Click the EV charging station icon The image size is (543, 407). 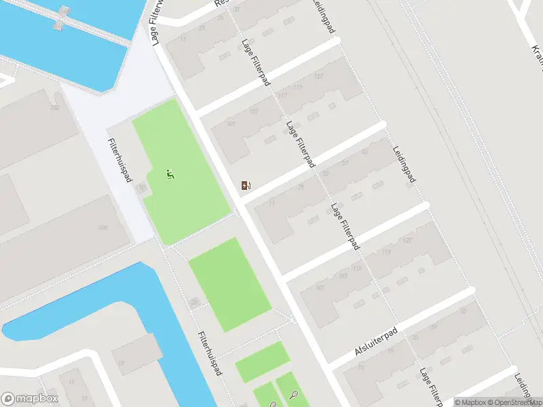click(246, 185)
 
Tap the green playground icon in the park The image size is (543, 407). click(170, 175)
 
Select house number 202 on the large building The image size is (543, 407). click(55, 108)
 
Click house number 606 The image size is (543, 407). click(102, 227)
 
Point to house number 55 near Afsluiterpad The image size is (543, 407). click(464, 310)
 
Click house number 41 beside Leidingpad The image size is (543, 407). click(365, 152)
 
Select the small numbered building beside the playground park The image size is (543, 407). click(142, 188)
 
